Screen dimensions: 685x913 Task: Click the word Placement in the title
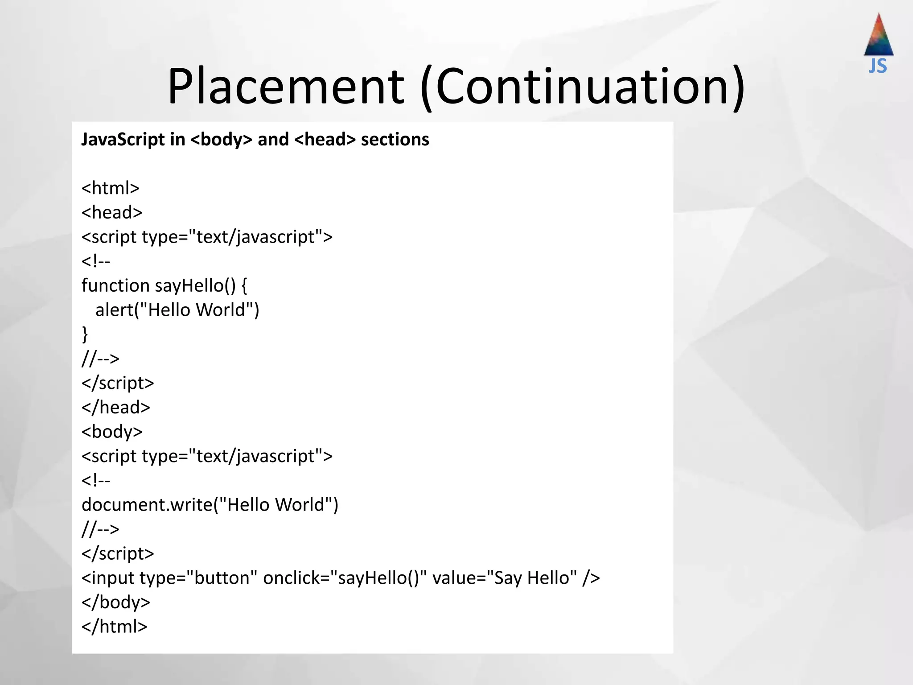286,86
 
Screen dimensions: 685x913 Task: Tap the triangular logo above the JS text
878,36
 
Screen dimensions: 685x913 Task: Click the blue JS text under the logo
878,66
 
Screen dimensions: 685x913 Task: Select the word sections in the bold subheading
395,140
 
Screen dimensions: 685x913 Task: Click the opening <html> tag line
111,188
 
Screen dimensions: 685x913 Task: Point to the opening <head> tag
112,213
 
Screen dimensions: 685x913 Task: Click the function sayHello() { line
164,286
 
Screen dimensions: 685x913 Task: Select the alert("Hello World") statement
177,310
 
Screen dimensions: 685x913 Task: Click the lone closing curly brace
85,334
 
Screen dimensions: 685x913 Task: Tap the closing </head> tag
115,408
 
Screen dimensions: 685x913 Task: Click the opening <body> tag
112,432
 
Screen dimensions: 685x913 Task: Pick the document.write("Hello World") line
210,505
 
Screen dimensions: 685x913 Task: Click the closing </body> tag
115,602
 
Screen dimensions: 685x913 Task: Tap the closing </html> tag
114,627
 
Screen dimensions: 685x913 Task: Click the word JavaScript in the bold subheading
123,140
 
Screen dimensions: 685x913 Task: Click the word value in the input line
454,578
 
